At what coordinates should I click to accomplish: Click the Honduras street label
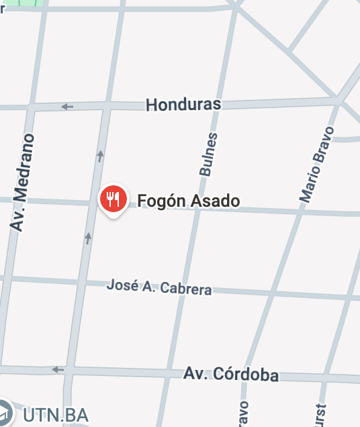183,105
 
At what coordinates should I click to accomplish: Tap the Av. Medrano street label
23,182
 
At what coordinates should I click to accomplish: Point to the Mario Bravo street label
316,164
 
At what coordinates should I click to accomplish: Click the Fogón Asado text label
188,201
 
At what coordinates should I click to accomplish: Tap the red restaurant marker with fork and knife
114,199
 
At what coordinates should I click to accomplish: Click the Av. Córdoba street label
231,374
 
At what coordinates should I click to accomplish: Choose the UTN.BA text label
55,414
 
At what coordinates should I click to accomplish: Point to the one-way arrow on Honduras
67,106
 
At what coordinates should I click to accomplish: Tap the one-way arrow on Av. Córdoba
58,369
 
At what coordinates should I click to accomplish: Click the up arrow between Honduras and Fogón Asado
100,156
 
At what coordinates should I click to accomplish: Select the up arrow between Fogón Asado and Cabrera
88,237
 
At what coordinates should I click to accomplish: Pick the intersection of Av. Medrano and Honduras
30,107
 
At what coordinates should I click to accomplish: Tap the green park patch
28,3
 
